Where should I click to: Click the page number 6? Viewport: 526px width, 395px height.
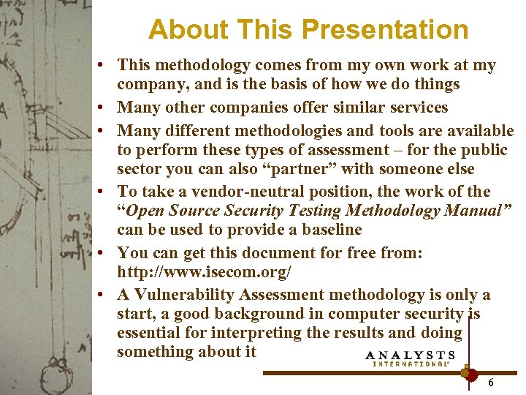point(491,383)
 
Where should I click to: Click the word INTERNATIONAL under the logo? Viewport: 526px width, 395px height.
point(411,364)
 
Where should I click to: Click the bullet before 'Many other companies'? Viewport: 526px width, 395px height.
point(107,108)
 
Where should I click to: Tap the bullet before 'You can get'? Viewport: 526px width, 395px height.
point(107,253)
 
